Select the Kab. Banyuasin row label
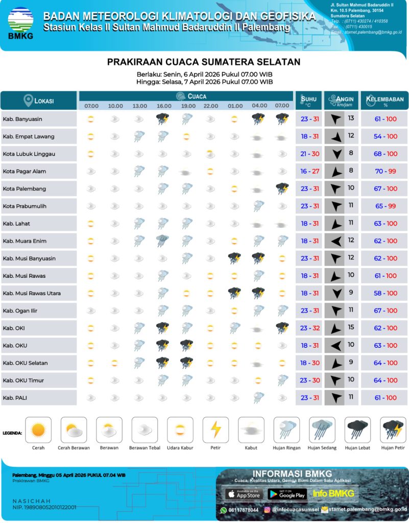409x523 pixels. click(x=22, y=119)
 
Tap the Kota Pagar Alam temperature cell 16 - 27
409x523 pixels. click(x=309, y=171)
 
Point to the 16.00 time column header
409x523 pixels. click(x=164, y=106)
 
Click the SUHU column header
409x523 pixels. click(x=309, y=100)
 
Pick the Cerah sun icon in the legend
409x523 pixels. click(x=38, y=430)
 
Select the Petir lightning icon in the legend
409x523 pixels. click(x=215, y=430)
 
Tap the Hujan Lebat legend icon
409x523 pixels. click(x=358, y=430)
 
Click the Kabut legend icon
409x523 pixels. click(x=251, y=430)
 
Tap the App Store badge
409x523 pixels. click(x=244, y=494)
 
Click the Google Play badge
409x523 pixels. click(x=286, y=494)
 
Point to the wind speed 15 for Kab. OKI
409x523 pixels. click(x=351, y=327)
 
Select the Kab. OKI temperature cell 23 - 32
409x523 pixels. click(x=309, y=328)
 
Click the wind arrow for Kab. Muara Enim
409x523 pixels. click(x=335, y=241)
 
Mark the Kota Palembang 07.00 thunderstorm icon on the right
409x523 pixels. click(x=282, y=188)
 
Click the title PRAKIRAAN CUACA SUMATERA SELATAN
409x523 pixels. click(x=204, y=62)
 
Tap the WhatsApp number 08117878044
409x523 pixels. click(x=243, y=510)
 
